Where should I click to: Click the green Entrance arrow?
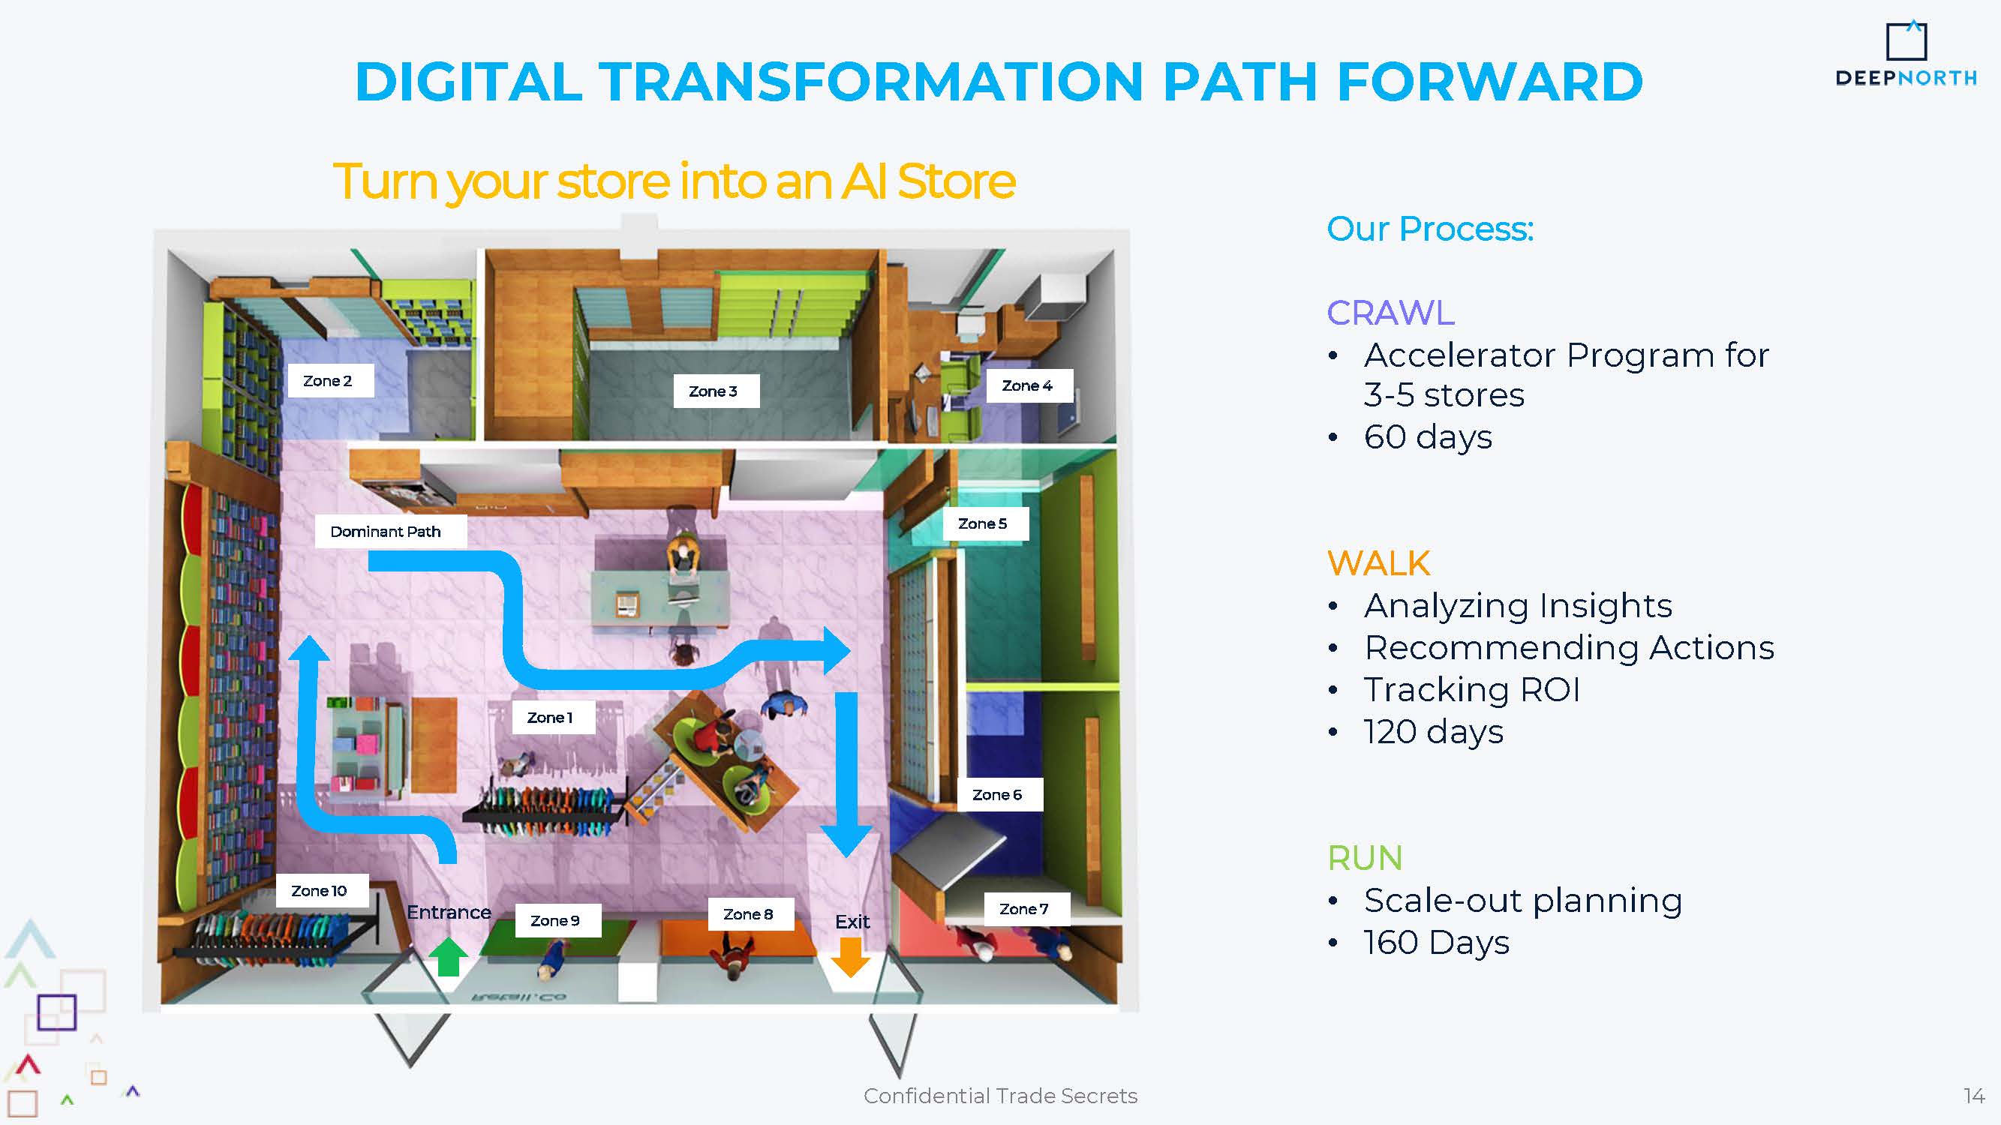tap(448, 956)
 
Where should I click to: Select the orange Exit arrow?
tap(851, 956)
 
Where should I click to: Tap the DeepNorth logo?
tap(1906, 53)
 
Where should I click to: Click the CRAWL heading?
tap(1390, 313)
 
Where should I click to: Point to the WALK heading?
tap(1379, 563)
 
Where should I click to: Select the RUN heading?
tap(1365, 858)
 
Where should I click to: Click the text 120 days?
tap(1434, 732)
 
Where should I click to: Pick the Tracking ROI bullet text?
tap(1472, 689)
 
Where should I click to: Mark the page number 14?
tap(1974, 1096)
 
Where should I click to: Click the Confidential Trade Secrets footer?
tap(1001, 1096)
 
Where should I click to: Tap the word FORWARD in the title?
tap(1489, 82)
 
